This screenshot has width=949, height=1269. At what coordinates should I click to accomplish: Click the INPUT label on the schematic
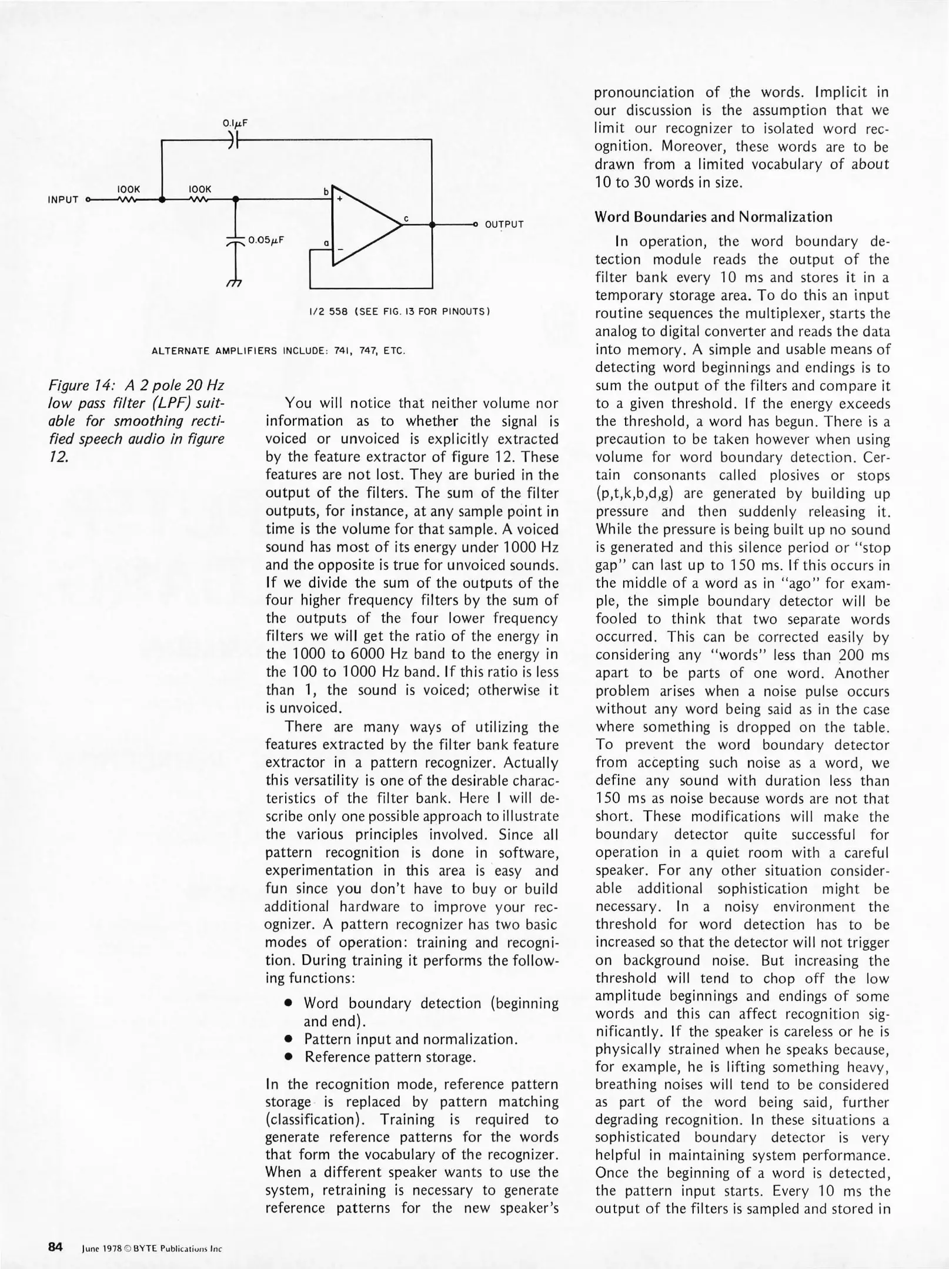pos(63,200)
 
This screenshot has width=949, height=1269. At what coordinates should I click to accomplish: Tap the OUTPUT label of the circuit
pos(504,224)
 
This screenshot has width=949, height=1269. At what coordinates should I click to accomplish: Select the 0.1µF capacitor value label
pos(235,123)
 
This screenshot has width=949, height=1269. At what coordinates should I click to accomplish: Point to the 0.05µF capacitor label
pos(266,240)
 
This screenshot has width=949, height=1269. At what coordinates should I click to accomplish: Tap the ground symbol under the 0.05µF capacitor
pos(235,283)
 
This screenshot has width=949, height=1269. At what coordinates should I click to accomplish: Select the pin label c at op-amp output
pos(406,219)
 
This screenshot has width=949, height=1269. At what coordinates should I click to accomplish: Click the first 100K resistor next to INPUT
pos(128,199)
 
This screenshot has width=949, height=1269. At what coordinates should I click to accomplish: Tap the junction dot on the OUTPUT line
pos(432,224)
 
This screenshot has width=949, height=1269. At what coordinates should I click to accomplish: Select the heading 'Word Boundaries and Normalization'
pos(713,217)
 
